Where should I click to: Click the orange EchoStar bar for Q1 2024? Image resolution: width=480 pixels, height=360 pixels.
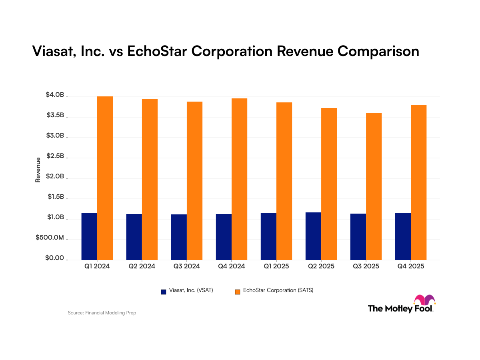(x=105, y=178)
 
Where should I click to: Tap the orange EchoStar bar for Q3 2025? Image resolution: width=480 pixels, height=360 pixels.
(x=374, y=186)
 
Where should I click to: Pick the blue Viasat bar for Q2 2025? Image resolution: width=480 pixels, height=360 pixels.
(x=313, y=236)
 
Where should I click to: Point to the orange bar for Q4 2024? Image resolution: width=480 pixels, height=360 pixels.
(x=239, y=179)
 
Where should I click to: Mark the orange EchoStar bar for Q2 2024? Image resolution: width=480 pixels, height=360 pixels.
(x=150, y=179)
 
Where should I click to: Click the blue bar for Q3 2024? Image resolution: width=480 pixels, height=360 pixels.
(x=179, y=237)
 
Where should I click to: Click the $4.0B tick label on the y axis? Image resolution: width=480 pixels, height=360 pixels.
(x=55, y=95)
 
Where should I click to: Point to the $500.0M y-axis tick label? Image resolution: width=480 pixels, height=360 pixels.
(x=50, y=238)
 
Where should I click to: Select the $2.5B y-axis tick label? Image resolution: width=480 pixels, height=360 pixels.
(x=55, y=156)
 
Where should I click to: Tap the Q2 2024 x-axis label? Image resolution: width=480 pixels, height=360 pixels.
(x=142, y=266)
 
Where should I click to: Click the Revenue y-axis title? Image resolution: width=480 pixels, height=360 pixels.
(x=38, y=170)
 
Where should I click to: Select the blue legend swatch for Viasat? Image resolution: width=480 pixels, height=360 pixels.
(x=164, y=292)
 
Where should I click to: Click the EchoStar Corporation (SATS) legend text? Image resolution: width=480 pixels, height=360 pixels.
(x=278, y=291)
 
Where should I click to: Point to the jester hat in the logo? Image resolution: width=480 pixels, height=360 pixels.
(x=424, y=300)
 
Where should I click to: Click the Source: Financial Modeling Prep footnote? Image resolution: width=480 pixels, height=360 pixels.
(x=102, y=313)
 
